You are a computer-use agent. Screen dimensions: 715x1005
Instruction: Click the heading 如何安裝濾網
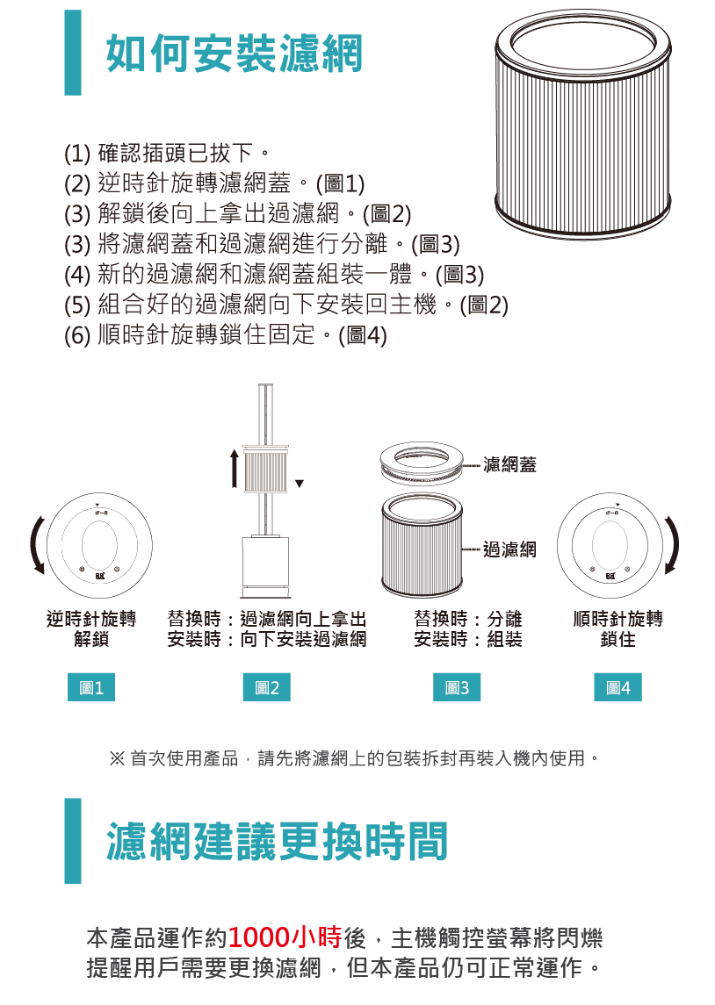tap(234, 53)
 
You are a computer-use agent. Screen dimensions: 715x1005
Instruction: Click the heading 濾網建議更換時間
tap(277, 841)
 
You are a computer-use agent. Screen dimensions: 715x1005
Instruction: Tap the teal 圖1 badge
tap(91, 687)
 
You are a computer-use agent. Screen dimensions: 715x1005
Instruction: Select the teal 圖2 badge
tap(267, 687)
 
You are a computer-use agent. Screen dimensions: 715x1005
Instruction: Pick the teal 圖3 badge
tap(457, 687)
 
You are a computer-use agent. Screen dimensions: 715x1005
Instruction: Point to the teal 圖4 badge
tap(617, 687)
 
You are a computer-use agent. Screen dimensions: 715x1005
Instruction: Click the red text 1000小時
tap(285, 937)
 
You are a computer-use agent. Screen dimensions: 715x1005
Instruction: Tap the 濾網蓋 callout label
tap(509, 464)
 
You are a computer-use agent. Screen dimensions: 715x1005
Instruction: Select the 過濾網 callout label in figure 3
tap(509, 549)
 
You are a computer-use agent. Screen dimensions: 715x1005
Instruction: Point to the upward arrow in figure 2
tap(235, 469)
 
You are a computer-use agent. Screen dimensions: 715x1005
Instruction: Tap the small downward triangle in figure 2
tap(299, 484)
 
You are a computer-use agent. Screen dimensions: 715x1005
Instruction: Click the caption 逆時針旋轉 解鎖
tap(91, 628)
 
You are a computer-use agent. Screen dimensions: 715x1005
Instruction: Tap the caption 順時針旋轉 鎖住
tap(618, 628)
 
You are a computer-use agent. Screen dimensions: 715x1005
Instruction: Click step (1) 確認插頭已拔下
tap(167, 154)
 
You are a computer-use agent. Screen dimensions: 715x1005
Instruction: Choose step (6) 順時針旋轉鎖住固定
tap(225, 334)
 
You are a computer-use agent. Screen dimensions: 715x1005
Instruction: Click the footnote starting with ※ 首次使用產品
tap(355, 758)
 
